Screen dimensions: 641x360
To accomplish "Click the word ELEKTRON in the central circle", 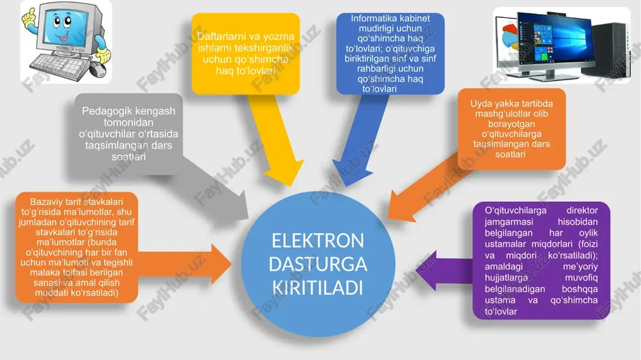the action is tap(318, 240).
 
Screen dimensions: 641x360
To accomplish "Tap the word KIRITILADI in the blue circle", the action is tap(318, 288).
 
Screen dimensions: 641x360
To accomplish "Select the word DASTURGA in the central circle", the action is tap(318, 264).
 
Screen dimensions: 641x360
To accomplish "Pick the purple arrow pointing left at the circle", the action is tap(444, 270).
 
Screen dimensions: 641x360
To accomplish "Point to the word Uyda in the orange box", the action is tap(480, 104).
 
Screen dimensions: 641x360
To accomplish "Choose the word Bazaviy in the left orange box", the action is tap(46, 202).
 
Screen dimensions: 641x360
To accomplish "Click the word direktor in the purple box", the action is tap(582, 211).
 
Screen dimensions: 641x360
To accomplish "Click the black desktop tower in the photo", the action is tap(608, 49).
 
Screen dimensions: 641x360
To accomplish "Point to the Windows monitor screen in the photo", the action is tap(554, 41).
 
